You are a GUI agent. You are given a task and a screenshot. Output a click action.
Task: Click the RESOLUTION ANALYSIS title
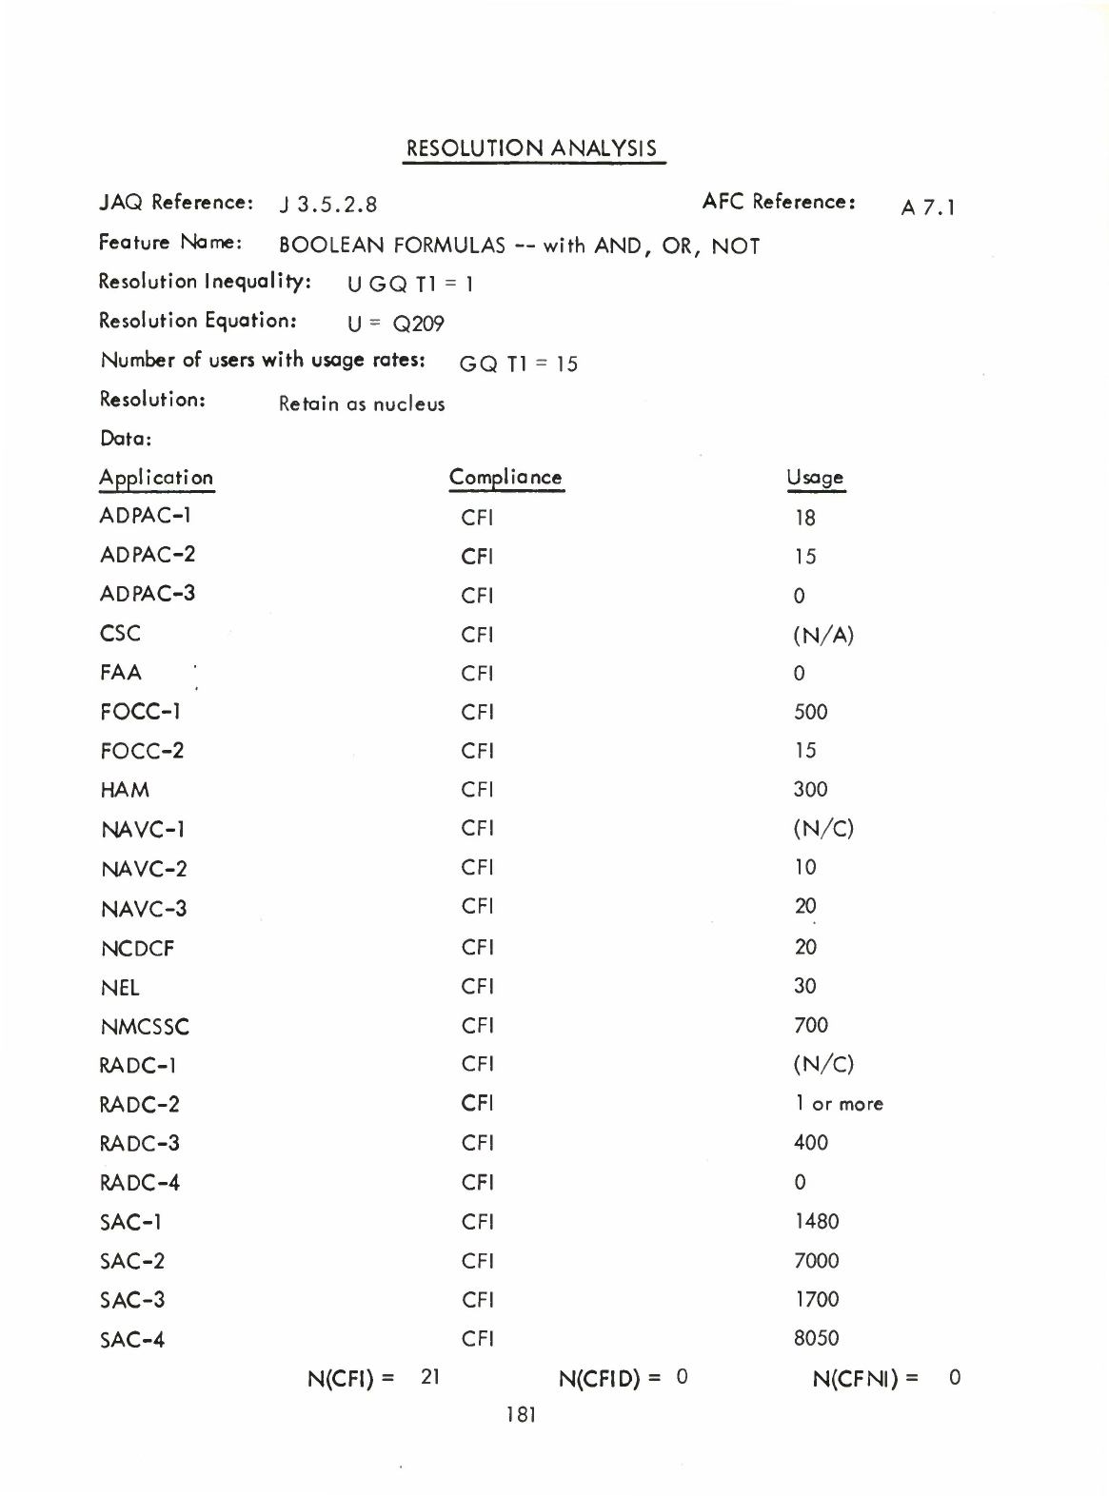pyautogui.click(x=532, y=149)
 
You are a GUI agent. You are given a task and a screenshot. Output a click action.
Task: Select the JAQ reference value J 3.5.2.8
pyautogui.click(x=328, y=205)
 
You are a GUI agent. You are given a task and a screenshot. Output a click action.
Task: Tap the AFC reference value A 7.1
pyautogui.click(x=928, y=207)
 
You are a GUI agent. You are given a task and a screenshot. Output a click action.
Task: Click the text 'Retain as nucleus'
pyautogui.click(x=361, y=404)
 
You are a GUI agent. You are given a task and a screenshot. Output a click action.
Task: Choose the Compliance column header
pyautogui.click(x=505, y=478)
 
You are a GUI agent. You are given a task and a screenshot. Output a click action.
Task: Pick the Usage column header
pyautogui.click(x=815, y=478)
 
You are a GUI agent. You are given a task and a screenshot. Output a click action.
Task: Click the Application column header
pyautogui.click(x=156, y=478)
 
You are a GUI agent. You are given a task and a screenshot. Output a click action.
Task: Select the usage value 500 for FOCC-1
pyautogui.click(x=810, y=712)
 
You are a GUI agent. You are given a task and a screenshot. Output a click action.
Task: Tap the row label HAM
pyautogui.click(x=125, y=790)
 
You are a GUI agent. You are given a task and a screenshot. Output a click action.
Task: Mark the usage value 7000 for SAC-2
pyautogui.click(x=816, y=1261)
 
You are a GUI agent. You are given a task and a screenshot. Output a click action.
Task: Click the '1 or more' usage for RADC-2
pyautogui.click(x=839, y=1104)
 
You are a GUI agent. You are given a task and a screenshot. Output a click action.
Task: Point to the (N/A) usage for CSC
pyautogui.click(x=823, y=635)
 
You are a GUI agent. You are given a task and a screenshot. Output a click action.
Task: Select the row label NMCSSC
pyautogui.click(x=145, y=1027)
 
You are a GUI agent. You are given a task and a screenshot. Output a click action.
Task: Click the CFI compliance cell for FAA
pyautogui.click(x=477, y=674)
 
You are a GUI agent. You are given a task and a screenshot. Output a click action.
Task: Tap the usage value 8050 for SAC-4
pyautogui.click(x=816, y=1339)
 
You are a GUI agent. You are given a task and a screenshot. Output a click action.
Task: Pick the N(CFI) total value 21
pyautogui.click(x=429, y=1376)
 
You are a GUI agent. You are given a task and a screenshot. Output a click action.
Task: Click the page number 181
pyautogui.click(x=521, y=1415)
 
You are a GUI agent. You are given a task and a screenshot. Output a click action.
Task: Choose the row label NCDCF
pyautogui.click(x=137, y=949)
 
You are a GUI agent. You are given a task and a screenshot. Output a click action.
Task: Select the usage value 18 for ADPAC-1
pyautogui.click(x=804, y=519)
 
